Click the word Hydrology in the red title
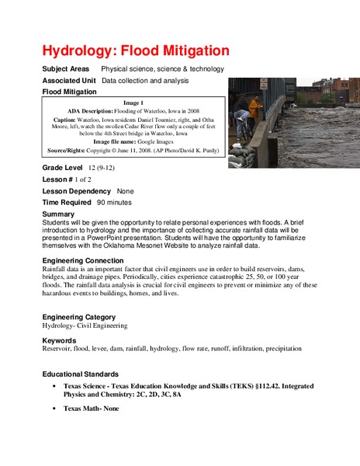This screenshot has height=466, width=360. point(78,50)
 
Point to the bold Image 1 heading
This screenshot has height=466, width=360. point(133,103)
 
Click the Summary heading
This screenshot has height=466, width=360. point(59,214)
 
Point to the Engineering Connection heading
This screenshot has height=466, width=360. point(89,260)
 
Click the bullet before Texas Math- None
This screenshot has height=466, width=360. point(53,408)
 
